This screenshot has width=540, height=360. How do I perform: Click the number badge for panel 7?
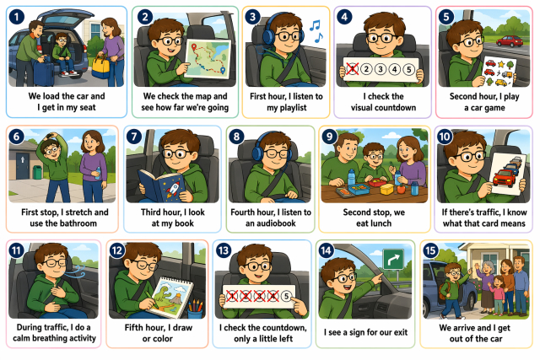[x=134, y=137]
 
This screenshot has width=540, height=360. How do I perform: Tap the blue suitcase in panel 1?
[x=43, y=73]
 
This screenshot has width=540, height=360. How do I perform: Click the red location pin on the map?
[x=193, y=47]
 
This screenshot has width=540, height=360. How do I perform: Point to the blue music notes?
[x=316, y=31]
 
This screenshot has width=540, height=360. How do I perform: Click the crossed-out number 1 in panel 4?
[x=353, y=69]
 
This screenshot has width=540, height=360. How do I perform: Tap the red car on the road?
[x=510, y=41]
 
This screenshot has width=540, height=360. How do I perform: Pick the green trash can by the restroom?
[x=37, y=172]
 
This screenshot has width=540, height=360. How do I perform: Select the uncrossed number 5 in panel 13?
[x=286, y=296]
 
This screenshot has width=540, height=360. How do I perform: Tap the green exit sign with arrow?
[x=393, y=259]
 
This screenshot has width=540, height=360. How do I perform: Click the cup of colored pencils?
[x=195, y=309]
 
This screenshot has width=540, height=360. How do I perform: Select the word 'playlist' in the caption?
[x=287, y=108]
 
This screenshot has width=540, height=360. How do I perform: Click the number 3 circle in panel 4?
[x=381, y=69]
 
